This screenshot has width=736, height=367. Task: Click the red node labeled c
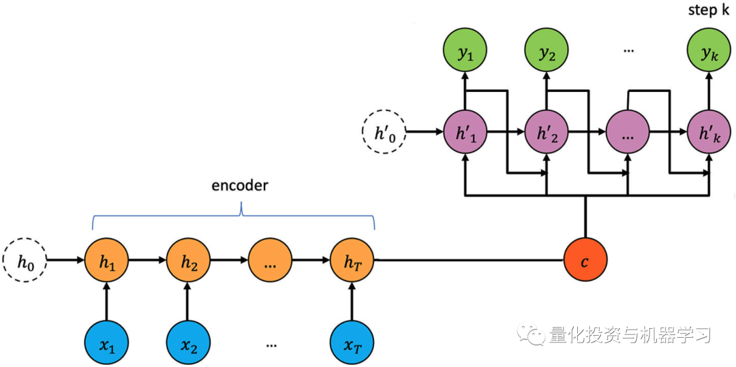[585, 259]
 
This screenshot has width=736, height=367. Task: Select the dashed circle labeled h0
[25, 259]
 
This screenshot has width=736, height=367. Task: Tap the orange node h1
[107, 259]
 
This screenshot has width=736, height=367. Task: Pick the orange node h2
[189, 259]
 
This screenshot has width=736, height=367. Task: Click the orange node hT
[353, 259]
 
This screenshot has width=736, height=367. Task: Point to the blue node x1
[107, 340]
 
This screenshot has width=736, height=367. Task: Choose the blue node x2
[189, 340]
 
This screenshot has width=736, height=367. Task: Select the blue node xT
[353, 340]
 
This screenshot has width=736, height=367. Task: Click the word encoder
[239, 185]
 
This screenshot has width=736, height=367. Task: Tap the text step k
[708, 10]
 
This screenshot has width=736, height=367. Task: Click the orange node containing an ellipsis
[271, 259]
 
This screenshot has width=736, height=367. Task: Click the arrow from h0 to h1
[66, 259]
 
